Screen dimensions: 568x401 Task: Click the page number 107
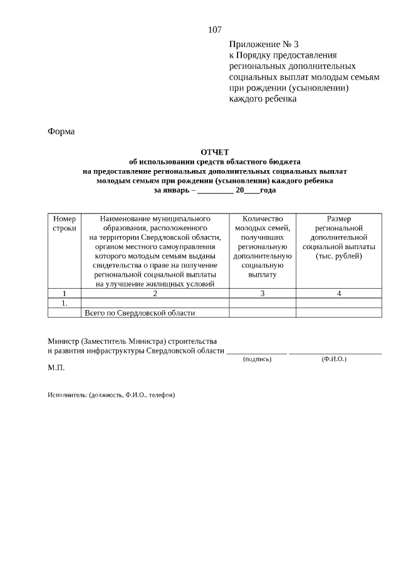click(x=214, y=29)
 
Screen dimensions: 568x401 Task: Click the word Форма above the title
click(x=61, y=131)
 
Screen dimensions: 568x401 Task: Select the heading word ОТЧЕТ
click(x=215, y=152)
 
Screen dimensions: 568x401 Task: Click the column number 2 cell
click(x=155, y=293)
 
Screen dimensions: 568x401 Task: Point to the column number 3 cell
click(x=262, y=293)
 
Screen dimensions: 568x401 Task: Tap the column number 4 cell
click(x=338, y=293)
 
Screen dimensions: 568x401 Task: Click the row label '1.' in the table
click(x=64, y=303)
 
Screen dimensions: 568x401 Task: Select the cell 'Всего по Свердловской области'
click(x=140, y=313)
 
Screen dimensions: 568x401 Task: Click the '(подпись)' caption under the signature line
click(x=257, y=359)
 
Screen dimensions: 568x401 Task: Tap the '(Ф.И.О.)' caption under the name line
click(x=334, y=359)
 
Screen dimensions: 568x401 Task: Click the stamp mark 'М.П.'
click(x=56, y=368)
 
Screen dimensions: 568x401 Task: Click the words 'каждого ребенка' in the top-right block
click(x=263, y=99)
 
